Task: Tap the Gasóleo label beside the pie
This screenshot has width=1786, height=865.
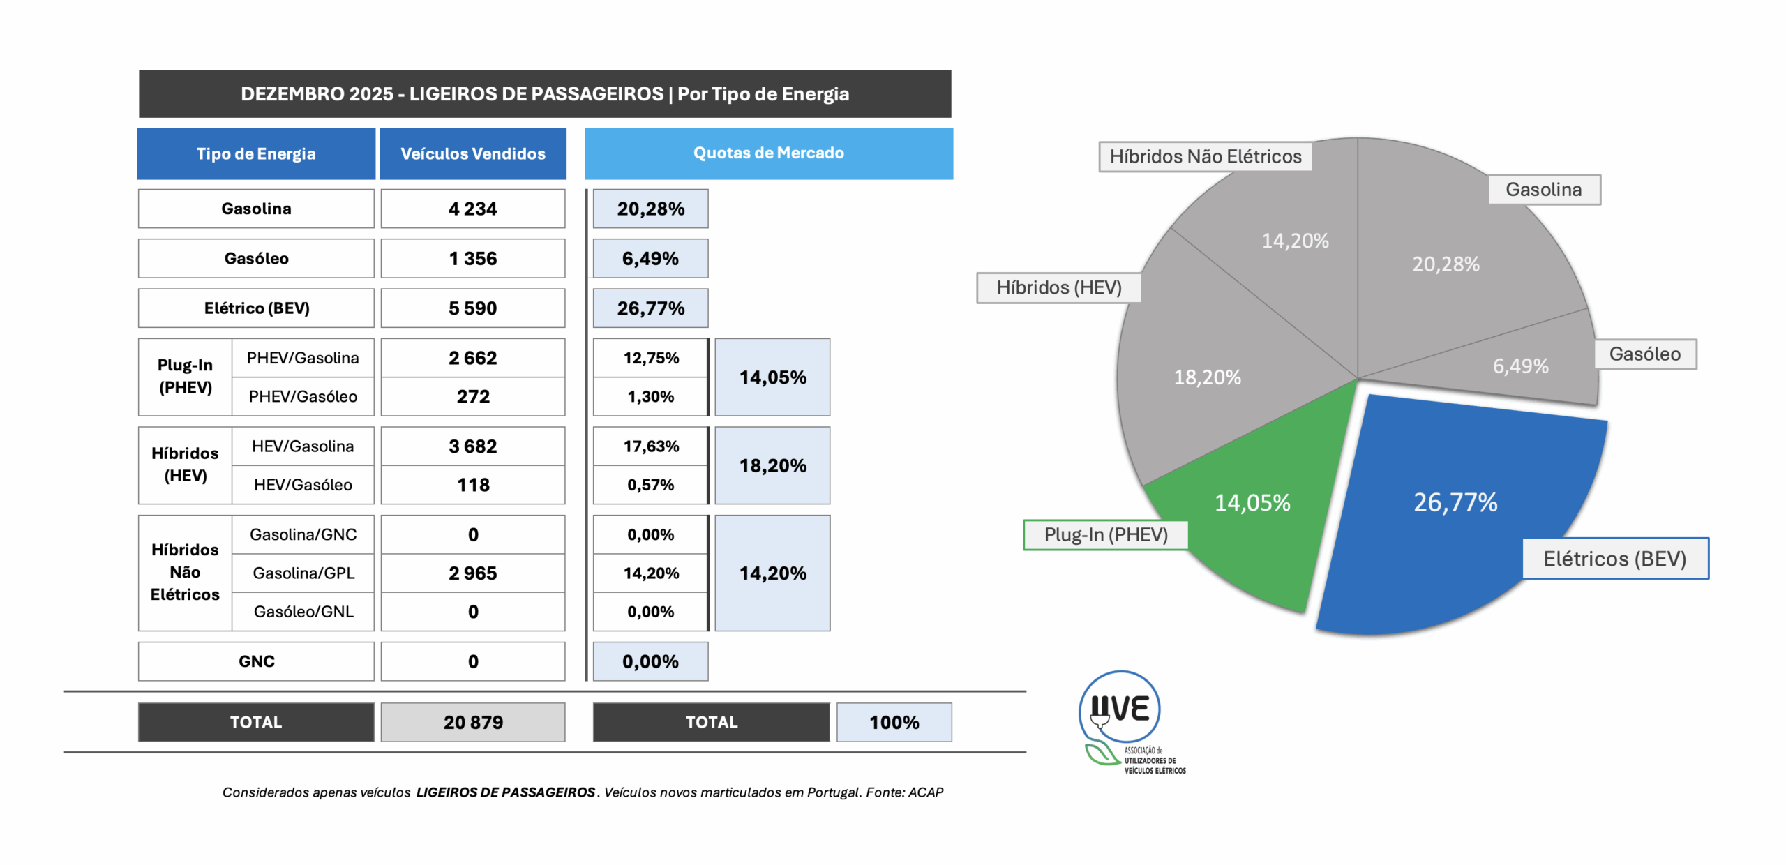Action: click(x=1644, y=354)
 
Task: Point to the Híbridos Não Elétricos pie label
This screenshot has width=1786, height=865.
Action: click(x=1205, y=156)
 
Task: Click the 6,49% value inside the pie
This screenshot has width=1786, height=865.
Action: click(x=1520, y=366)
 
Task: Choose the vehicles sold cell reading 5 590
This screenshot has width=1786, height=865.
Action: click(x=472, y=308)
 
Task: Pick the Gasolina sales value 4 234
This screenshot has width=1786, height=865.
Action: click(x=472, y=209)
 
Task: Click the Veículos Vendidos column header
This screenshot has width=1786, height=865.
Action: click(x=472, y=153)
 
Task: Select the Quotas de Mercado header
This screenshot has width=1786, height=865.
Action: click(x=768, y=153)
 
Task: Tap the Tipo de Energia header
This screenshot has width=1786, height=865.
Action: click(x=256, y=153)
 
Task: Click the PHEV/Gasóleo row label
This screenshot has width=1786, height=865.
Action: click(x=303, y=396)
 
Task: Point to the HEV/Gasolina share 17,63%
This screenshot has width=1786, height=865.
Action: click(x=650, y=446)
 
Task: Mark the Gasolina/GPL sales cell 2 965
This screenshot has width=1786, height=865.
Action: click(x=472, y=573)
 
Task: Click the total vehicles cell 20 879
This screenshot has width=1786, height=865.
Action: click(x=472, y=722)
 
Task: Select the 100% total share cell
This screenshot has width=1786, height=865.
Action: click(x=894, y=722)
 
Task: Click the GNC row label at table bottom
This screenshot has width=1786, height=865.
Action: click(x=256, y=661)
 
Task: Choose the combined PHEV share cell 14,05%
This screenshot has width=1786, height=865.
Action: click(x=772, y=377)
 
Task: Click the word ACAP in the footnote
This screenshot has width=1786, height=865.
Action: click(x=925, y=792)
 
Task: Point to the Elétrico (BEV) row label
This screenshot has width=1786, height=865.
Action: click(x=256, y=308)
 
